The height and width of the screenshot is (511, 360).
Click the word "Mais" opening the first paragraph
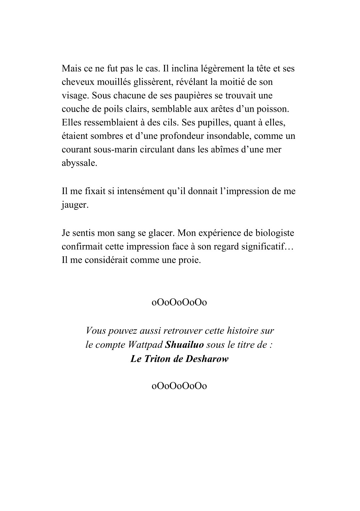click(x=70, y=68)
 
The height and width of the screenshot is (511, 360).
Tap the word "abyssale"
click(x=79, y=164)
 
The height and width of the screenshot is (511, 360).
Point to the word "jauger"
click(x=75, y=205)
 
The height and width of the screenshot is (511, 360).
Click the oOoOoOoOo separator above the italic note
click(x=180, y=302)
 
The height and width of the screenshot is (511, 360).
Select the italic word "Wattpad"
click(x=147, y=345)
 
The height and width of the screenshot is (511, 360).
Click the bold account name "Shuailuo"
click(x=185, y=345)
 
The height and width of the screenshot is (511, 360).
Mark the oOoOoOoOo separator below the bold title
click(x=180, y=386)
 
